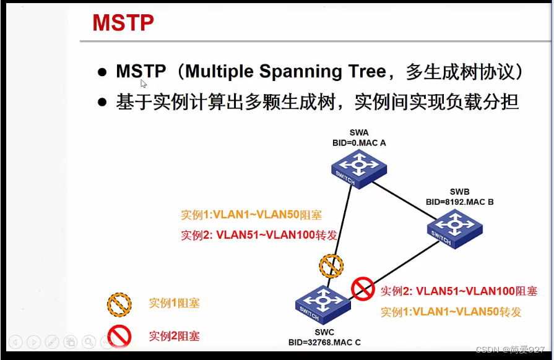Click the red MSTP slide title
(123, 23)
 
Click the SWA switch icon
(358, 168)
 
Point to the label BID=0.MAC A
(358, 142)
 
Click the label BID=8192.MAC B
(459, 202)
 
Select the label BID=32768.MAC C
(324, 342)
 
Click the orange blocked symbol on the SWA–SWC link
(331, 266)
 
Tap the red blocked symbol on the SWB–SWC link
(363, 288)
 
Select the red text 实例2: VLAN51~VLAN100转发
(259, 236)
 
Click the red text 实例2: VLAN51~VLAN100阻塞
(459, 291)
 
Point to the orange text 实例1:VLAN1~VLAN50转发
(451, 312)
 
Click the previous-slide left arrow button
(16, 341)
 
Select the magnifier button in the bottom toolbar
(89, 341)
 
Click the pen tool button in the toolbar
(52, 341)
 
